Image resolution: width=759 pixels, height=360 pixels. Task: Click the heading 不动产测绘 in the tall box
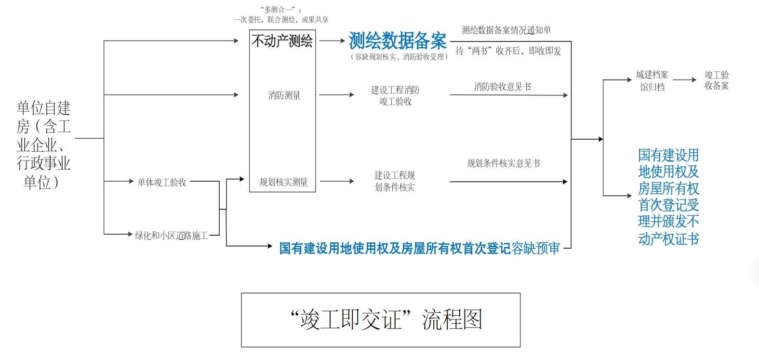[x=282, y=41]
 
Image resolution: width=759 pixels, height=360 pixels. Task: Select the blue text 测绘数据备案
[x=398, y=41]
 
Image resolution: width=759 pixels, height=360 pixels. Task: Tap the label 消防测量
[x=284, y=95]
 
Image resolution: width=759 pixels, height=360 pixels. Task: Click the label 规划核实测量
[x=283, y=182]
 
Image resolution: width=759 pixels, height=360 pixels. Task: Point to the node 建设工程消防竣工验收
[x=395, y=95]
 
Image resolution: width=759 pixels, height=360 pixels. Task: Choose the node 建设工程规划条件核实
[x=395, y=181]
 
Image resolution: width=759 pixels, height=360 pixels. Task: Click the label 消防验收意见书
[x=503, y=87]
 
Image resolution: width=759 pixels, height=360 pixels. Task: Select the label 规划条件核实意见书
[x=504, y=163]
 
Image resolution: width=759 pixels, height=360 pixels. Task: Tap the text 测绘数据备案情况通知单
[x=506, y=30]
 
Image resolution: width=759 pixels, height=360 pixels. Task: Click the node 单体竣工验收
[x=162, y=182]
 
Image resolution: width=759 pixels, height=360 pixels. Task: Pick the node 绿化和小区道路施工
[x=171, y=235]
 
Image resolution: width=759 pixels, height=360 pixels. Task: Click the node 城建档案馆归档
[x=652, y=80]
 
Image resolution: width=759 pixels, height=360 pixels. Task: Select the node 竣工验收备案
[x=717, y=80]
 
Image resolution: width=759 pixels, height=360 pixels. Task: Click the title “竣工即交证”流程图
[x=380, y=320]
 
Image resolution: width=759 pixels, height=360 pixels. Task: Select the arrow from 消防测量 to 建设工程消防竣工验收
[x=336, y=95]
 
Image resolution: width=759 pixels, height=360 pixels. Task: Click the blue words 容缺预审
[x=535, y=248]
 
